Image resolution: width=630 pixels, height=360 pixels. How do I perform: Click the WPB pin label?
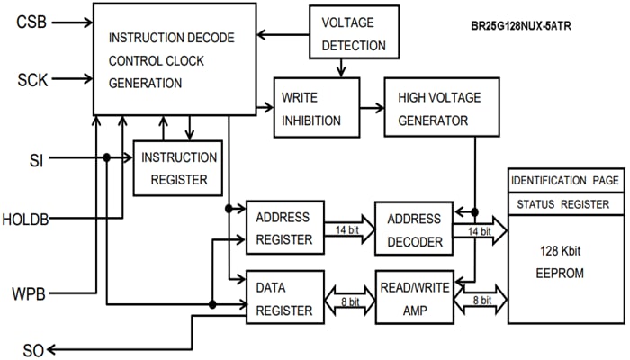34,292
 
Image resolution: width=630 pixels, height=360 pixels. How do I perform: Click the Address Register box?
284,229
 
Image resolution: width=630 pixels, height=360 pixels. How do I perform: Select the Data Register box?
284,297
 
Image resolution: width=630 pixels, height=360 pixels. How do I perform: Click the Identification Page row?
564,181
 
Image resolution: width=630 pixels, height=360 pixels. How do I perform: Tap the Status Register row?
564,204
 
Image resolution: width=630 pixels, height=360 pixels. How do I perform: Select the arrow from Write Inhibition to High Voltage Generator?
372,107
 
